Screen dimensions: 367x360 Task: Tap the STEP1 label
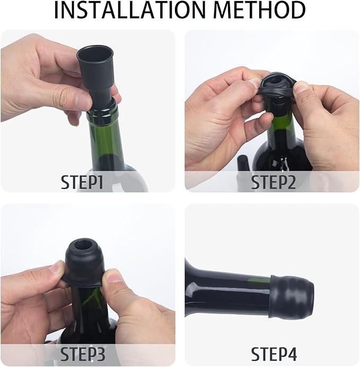[89, 182]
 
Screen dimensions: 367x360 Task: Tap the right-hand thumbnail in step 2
[301, 87]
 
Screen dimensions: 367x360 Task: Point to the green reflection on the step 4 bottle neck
[258, 280]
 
